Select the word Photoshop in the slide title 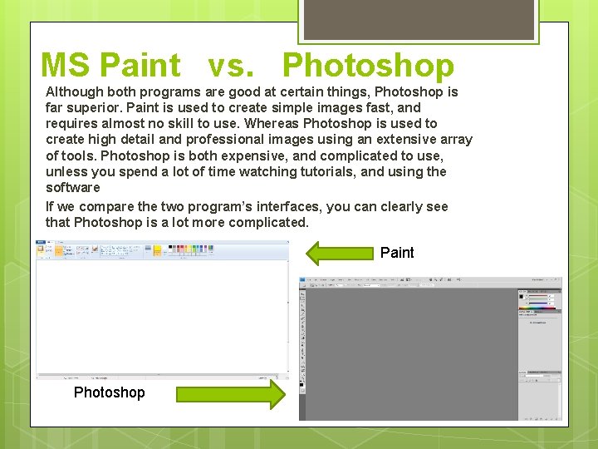click(368, 65)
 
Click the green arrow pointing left click(340, 253)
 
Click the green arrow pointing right click(230, 393)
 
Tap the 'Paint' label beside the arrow click(397, 253)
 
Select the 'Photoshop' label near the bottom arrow click(109, 392)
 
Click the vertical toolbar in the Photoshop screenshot click(303, 349)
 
